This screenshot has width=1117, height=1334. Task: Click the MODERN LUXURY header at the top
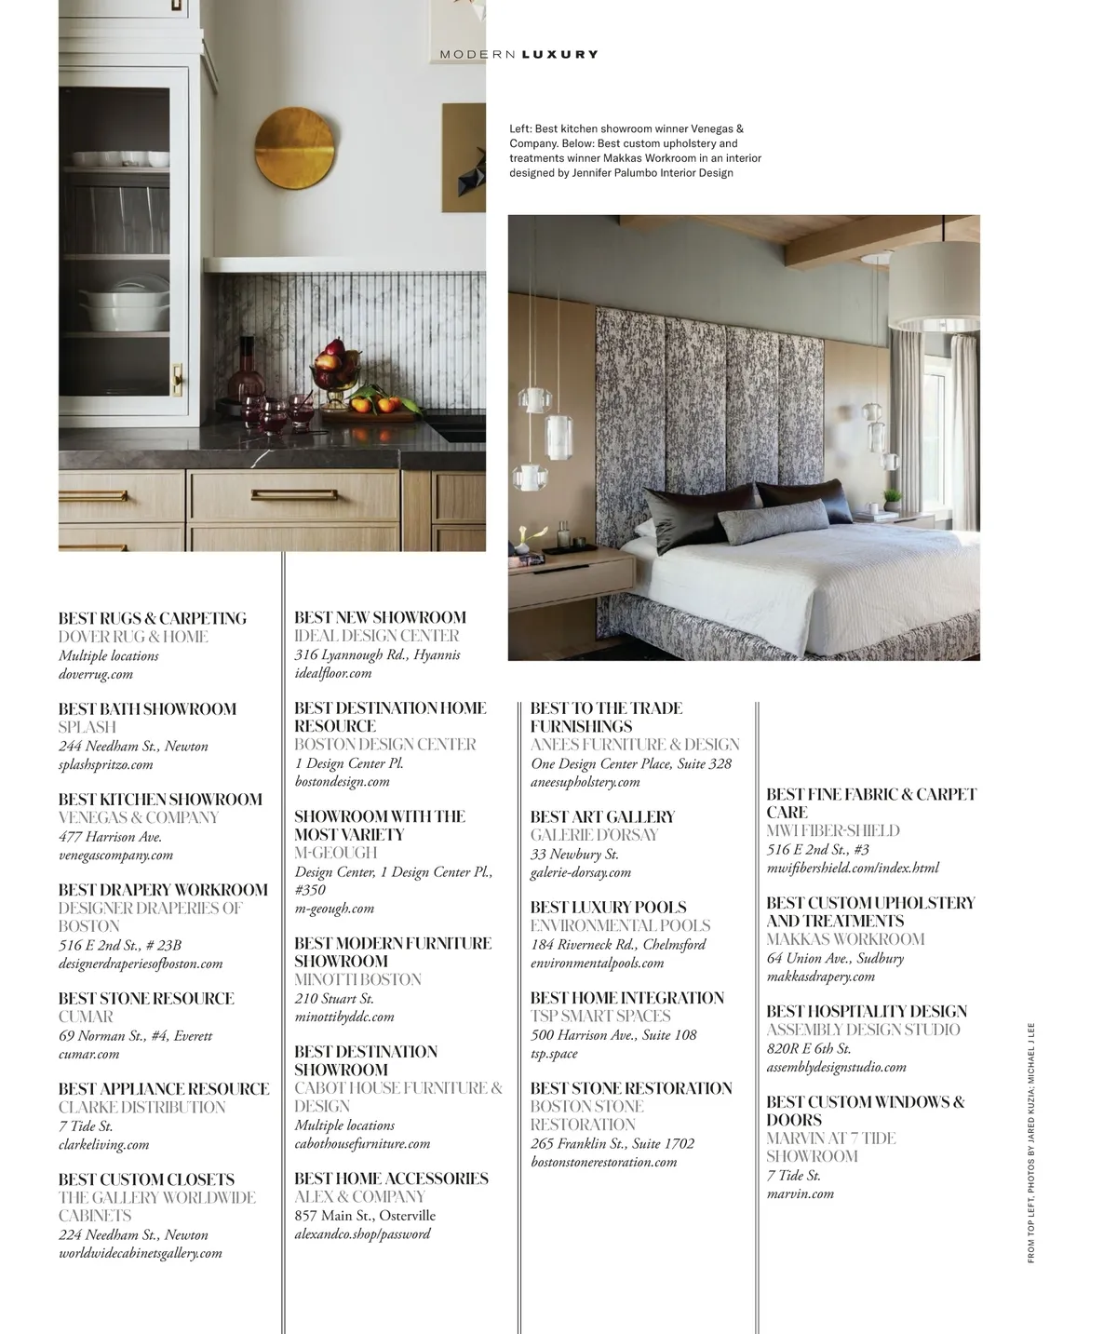(518, 55)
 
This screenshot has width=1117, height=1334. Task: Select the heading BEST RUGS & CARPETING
(153, 618)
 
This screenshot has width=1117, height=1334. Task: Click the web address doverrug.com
(96, 674)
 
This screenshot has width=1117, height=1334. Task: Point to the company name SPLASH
(87, 727)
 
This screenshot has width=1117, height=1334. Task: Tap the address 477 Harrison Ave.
(111, 836)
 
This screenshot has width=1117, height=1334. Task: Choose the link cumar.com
(89, 1054)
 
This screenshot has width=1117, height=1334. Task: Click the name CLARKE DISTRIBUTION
(142, 1107)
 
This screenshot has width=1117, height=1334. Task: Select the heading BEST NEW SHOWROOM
(380, 617)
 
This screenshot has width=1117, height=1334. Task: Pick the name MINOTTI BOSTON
(358, 979)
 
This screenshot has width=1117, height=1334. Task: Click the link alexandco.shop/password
(363, 1233)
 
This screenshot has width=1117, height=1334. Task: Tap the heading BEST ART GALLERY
(602, 816)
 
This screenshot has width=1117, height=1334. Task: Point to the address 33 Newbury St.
(574, 854)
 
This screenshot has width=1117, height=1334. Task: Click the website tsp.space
(554, 1053)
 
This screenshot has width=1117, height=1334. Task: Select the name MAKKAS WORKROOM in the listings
(845, 939)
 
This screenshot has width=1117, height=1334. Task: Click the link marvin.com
(801, 1193)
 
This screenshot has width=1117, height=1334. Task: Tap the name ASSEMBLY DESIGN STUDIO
(863, 1030)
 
